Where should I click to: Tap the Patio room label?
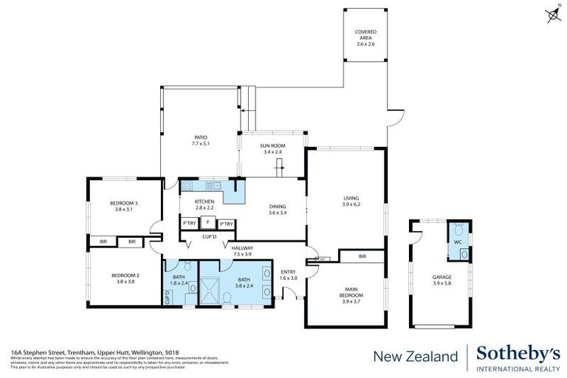(x=201, y=140)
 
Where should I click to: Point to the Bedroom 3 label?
(x=125, y=206)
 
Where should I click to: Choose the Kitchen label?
(x=205, y=205)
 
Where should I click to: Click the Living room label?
(x=351, y=201)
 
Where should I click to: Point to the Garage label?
(x=442, y=281)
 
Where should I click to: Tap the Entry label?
(x=288, y=275)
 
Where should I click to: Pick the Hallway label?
(x=242, y=251)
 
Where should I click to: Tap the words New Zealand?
(x=415, y=357)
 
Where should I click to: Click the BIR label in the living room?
(x=362, y=256)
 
